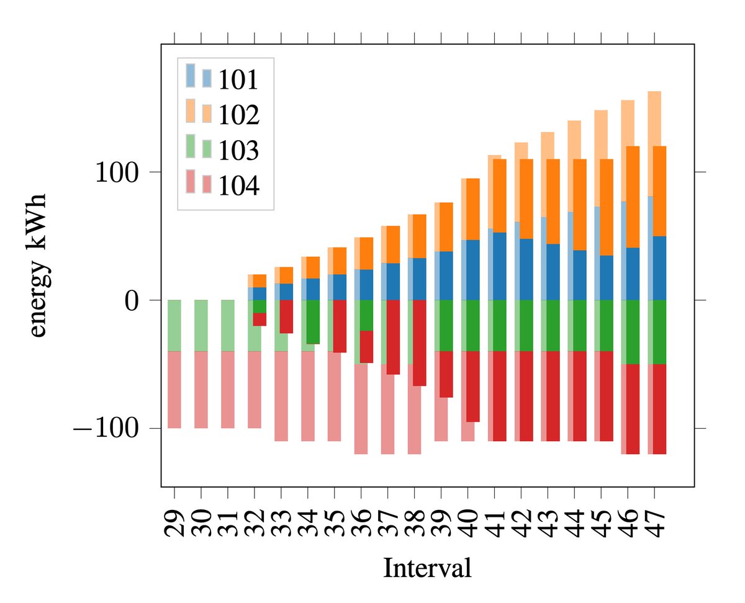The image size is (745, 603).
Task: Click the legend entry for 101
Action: point(238,79)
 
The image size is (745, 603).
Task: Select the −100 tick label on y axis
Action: point(108,429)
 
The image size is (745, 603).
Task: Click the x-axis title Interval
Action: point(427,568)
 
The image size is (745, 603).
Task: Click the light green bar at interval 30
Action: point(201,326)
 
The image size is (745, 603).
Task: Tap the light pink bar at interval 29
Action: point(174,390)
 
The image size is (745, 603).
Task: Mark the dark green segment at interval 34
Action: point(313,321)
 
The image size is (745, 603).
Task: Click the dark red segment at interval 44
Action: point(580,396)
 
